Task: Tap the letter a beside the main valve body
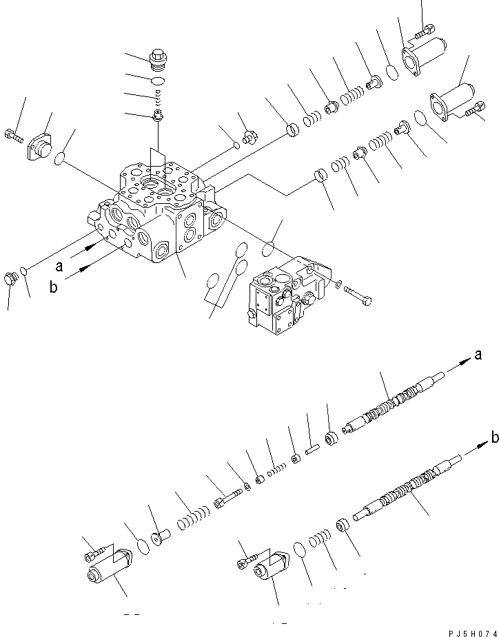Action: (60, 265)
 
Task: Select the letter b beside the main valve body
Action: (53, 287)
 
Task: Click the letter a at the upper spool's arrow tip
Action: (478, 355)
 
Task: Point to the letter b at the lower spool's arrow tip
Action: (493, 435)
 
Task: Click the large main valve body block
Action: (155, 213)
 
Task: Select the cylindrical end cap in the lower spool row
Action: (272, 567)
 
